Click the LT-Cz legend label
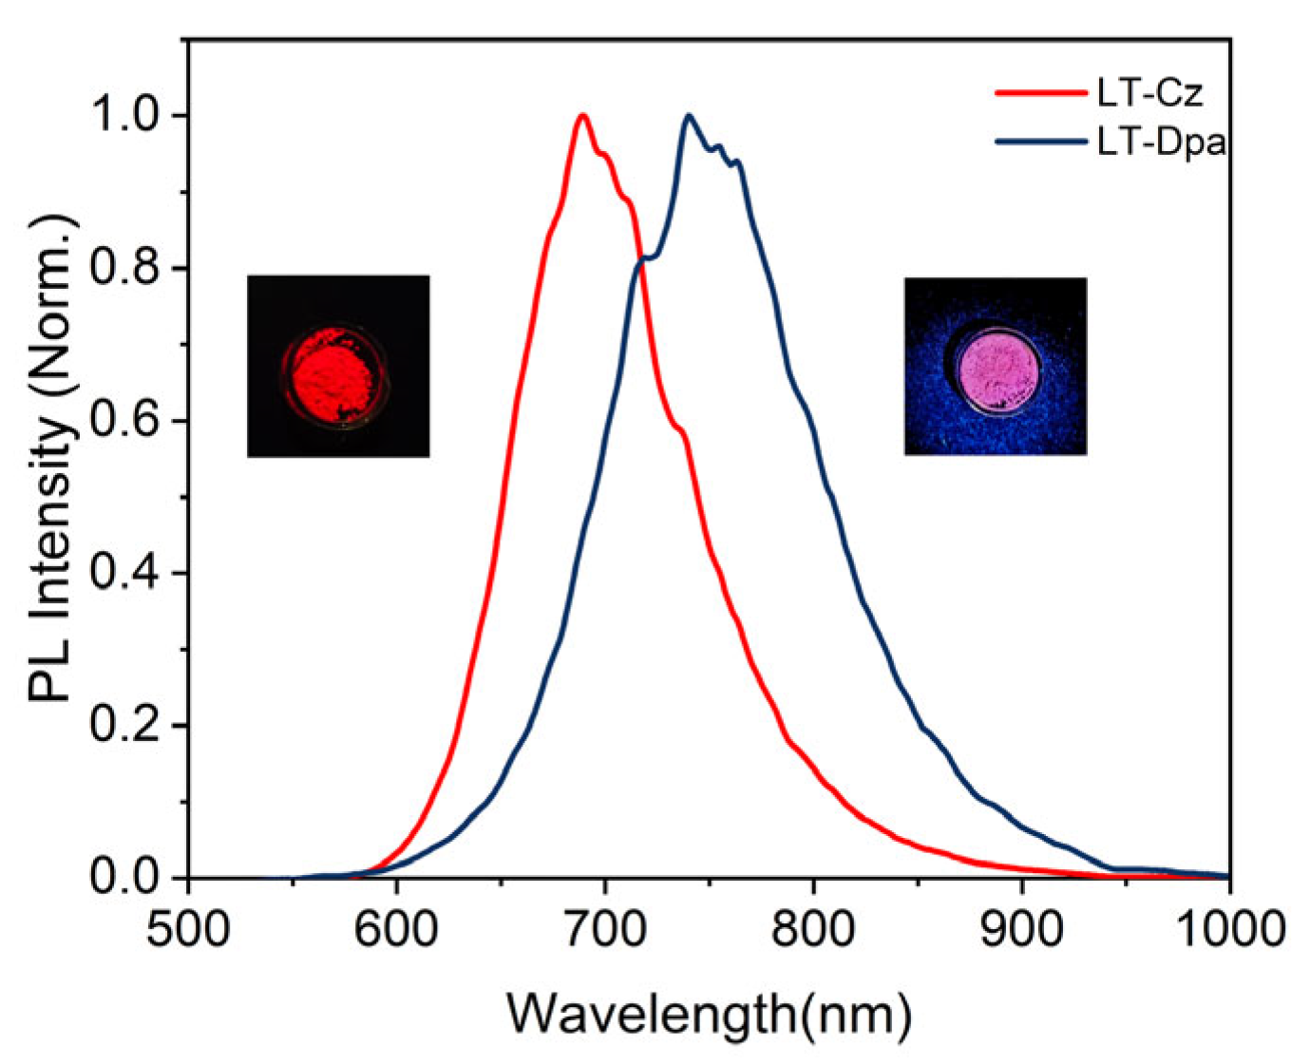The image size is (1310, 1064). click(1149, 93)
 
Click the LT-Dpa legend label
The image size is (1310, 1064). click(1160, 142)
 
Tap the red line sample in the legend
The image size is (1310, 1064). click(1040, 93)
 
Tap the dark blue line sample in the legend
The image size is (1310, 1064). click(1040, 142)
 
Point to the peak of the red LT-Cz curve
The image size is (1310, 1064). click(582, 116)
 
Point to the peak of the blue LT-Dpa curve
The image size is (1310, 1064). click(689, 116)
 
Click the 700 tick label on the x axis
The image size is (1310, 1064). click(604, 927)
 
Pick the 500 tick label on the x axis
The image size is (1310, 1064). click(188, 927)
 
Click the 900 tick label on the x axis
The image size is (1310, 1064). click(1021, 927)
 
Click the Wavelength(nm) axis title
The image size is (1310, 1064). click(709, 1015)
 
